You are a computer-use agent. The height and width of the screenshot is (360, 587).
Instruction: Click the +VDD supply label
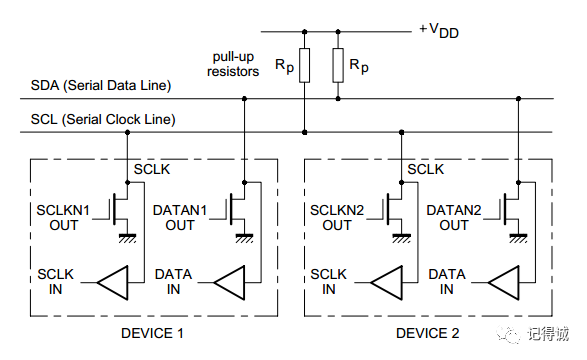pos(439,30)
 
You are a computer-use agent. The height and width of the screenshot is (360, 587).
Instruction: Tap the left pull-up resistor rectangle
pos(304,65)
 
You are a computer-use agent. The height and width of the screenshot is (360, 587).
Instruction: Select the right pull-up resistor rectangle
pos(338,65)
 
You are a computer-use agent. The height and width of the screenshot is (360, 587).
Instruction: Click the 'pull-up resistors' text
pos(233,64)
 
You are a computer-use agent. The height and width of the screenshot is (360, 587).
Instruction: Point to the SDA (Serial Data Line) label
pos(101,85)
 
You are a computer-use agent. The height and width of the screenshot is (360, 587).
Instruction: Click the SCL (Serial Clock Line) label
pos(103,119)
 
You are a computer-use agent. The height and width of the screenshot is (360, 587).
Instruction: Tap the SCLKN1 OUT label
pos(63,218)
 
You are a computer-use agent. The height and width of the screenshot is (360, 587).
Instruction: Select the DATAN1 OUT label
pos(180,218)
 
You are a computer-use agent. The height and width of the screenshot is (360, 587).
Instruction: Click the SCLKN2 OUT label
pos(337,218)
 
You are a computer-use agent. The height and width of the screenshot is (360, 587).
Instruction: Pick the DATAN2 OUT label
pos(454,218)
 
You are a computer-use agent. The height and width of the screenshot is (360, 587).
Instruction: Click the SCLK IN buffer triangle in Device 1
pos(113,283)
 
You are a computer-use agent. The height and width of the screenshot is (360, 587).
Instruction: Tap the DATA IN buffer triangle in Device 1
pos(229,283)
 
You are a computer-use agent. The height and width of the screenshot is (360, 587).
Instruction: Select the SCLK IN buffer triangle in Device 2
pos(387,283)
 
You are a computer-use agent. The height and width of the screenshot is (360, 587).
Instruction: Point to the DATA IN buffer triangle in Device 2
pos(504,283)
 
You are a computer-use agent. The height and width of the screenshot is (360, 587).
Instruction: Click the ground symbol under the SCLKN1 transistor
pos(127,238)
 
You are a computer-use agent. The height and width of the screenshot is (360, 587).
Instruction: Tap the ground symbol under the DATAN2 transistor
pos(518,238)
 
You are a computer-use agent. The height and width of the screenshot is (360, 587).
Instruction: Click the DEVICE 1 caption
pos(152,333)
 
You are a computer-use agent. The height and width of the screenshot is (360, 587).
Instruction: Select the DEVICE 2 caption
pos(428,333)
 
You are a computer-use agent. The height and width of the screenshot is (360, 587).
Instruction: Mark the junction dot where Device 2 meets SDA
pos(518,99)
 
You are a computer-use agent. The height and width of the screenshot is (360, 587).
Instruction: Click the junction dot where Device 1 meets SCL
pos(127,132)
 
